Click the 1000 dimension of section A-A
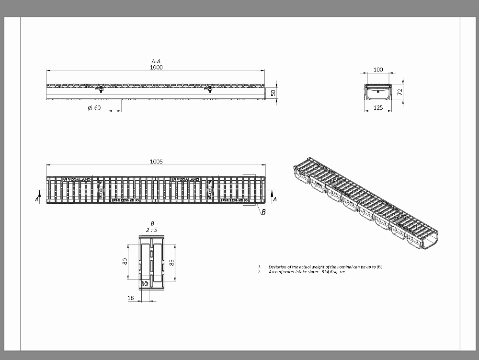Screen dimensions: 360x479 click(156, 68)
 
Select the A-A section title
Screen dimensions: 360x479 click(156, 61)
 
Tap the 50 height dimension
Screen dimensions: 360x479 click(273, 92)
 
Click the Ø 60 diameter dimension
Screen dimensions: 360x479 click(95, 108)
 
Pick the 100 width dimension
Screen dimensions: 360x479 click(378, 70)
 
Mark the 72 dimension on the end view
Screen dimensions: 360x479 click(399, 92)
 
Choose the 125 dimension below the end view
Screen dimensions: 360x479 click(378, 108)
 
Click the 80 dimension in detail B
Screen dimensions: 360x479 click(125, 261)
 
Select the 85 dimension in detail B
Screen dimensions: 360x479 click(171, 262)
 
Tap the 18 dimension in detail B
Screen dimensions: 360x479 click(131, 298)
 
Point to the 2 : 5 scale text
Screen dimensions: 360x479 click(152, 230)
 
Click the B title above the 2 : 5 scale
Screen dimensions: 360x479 click(152, 223)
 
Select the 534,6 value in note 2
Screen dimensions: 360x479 click(329, 272)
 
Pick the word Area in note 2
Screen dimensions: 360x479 click(274, 272)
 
